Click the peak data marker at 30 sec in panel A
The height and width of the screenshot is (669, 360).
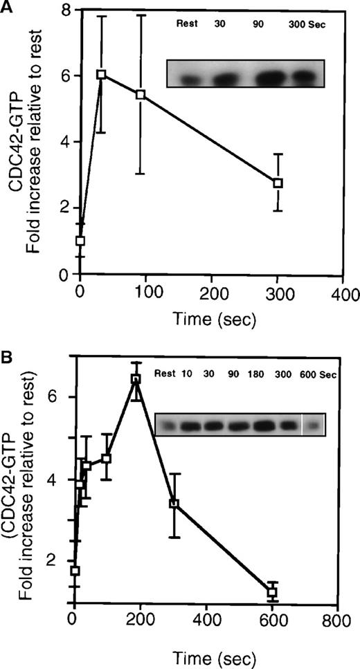(x=100, y=74)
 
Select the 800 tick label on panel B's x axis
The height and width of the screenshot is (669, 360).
(x=337, y=621)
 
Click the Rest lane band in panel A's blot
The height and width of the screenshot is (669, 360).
(x=188, y=79)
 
